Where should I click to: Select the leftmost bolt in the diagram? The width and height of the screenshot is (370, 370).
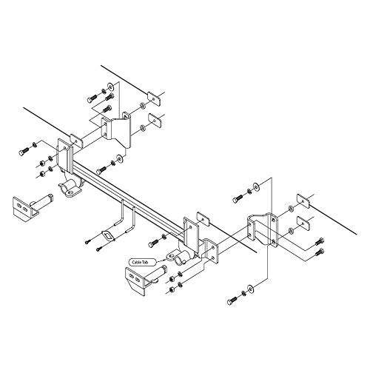(21, 151)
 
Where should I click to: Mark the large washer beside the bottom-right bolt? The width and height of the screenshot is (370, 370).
(255, 286)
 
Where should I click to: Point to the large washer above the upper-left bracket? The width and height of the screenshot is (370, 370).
(141, 104)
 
